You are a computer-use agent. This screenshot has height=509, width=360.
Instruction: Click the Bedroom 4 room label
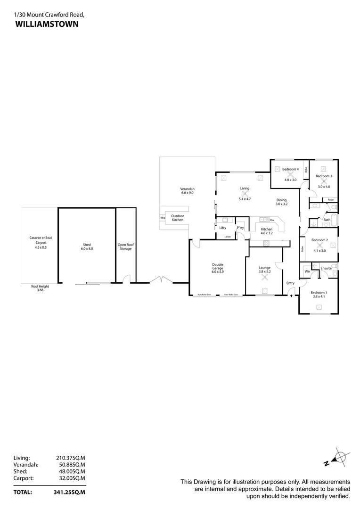tap(290, 169)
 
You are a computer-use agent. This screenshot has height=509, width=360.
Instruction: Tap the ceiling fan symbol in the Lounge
tap(264, 278)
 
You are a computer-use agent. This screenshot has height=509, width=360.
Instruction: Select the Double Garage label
tap(217, 268)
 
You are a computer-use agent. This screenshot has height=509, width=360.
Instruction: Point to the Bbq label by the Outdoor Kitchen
tap(163, 218)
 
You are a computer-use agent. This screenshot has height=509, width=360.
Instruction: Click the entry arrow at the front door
tap(291, 296)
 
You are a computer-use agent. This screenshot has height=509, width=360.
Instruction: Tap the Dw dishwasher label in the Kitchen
tap(272, 220)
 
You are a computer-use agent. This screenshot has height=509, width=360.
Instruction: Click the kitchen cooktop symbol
tap(266, 243)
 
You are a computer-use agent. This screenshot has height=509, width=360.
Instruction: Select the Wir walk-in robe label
tap(307, 271)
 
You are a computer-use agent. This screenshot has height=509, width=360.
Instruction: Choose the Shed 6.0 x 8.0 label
tap(87, 246)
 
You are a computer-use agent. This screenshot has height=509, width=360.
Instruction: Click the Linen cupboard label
tap(228, 237)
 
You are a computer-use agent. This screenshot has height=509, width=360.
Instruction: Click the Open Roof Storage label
tap(125, 246)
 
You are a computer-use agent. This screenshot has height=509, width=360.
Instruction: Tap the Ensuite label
tap(326, 268)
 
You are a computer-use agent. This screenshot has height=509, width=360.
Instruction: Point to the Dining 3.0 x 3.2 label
tap(281, 202)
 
